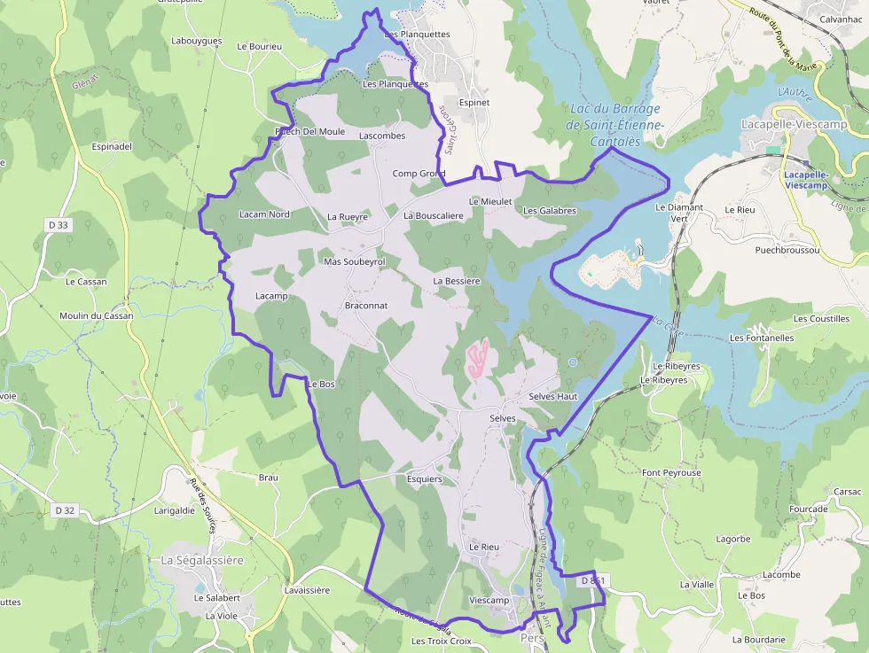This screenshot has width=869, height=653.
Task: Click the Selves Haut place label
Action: tap(552, 396)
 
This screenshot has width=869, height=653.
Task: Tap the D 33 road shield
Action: tap(58, 225)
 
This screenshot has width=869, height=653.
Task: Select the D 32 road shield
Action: tap(64, 510)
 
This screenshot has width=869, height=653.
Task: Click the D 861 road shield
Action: tap(593, 580)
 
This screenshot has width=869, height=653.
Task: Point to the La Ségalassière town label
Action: tap(202, 560)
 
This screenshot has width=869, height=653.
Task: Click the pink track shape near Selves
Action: tap(477, 357)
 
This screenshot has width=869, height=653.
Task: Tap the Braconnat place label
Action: tap(366, 305)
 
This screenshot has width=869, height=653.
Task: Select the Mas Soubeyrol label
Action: tap(355, 262)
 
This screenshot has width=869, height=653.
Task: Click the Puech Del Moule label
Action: tap(310, 132)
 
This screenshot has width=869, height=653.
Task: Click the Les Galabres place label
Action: tap(550, 211)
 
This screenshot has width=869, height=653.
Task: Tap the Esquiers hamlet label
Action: tap(424, 479)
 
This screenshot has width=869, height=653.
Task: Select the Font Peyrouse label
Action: tap(671, 473)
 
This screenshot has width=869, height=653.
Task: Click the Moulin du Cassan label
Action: tap(97, 316)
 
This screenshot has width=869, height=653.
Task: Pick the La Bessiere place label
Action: tap(457, 281)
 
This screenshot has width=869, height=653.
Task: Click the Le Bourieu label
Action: tap(260, 46)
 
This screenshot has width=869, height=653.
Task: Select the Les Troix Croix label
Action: tap(442, 641)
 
